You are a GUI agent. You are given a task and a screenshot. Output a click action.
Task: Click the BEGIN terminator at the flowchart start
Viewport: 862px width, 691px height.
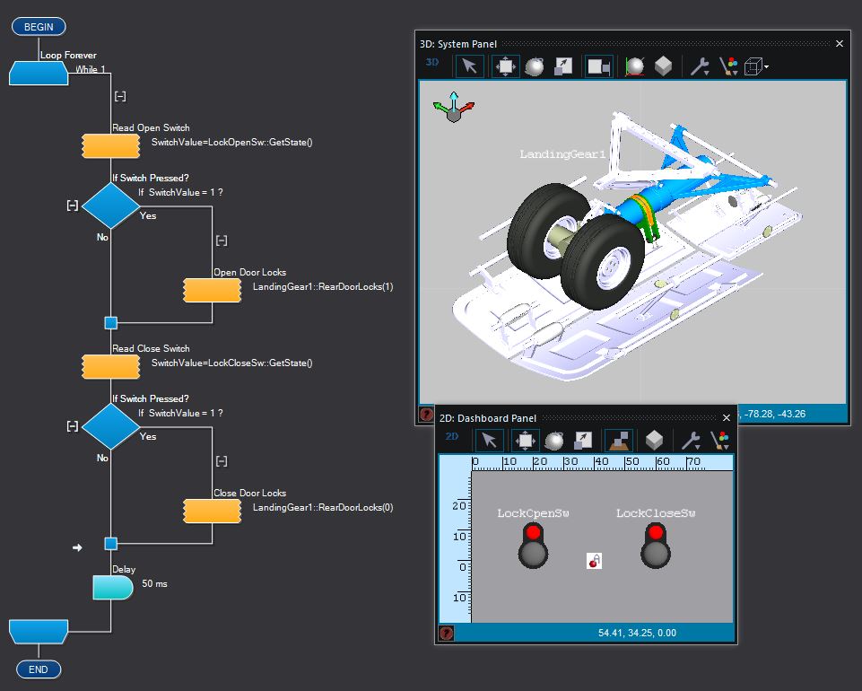coord(39,27)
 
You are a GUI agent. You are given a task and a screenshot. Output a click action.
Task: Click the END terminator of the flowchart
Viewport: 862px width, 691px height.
coord(39,669)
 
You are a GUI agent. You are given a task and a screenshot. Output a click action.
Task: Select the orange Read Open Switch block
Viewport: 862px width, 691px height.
coord(109,145)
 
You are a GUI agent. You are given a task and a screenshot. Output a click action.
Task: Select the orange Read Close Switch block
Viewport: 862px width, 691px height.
coord(109,366)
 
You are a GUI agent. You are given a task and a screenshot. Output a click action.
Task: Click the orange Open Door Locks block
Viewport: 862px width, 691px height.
coord(212,291)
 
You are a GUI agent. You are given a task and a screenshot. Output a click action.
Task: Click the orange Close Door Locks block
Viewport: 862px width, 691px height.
coord(212,511)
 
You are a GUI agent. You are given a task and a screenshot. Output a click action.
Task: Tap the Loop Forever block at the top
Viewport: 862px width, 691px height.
coord(39,73)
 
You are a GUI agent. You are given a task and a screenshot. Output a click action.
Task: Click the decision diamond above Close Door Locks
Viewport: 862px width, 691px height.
coord(111,426)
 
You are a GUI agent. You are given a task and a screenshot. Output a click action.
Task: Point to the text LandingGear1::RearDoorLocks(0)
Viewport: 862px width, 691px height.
coord(323,508)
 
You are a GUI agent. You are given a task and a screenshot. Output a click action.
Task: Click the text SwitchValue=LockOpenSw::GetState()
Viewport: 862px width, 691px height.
coord(231,143)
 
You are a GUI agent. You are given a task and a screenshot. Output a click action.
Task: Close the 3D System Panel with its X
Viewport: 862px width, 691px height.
coord(840,43)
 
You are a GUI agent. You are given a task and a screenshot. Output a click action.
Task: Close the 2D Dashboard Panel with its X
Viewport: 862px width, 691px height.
coord(727,417)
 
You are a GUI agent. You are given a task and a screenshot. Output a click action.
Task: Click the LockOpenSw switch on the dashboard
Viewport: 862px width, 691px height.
coord(533,545)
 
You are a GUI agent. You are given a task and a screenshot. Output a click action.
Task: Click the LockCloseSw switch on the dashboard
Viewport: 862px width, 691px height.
coord(656,545)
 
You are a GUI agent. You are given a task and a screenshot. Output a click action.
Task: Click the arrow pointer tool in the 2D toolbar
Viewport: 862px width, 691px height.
coord(488,440)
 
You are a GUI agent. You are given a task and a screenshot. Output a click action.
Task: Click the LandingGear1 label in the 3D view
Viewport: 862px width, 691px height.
coord(563,154)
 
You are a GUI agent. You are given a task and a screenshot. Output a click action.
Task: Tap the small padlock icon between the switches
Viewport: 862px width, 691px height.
coord(594,561)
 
